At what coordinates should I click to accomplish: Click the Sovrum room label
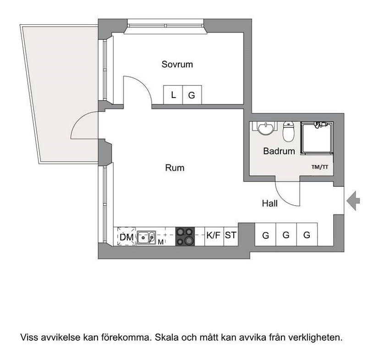[x=177, y=65]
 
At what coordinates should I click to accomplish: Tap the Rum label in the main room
[x=175, y=168]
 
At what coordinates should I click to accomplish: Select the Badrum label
[x=279, y=151]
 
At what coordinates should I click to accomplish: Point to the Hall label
[x=270, y=204]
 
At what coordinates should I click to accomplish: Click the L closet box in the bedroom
[x=173, y=95]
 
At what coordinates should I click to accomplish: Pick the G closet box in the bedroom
[x=192, y=95]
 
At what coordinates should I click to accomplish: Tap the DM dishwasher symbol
[x=126, y=237]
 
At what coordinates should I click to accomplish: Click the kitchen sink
[x=147, y=237]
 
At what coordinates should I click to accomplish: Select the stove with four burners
[x=185, y=237]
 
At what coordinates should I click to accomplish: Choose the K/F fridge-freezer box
[x=214, y=236]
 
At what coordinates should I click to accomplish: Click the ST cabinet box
[x=230, y=236]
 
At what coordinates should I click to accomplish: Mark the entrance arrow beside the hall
[x=354, y=200]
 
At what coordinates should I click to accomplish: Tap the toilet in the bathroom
[x=289, y=132]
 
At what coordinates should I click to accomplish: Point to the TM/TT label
[x=320, y=167]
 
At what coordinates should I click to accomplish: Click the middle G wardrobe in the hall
[x=286, y=235]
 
